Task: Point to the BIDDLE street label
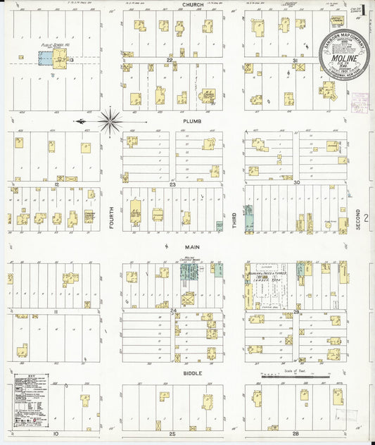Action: [193, 372]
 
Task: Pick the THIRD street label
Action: [235, 220]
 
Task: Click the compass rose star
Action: [110, 122]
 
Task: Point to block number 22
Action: [170, 61]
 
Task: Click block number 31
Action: [295, 61]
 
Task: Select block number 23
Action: [172, 184]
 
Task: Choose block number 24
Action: [172, 309]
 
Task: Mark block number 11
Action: [53, 310]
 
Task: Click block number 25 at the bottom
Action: [172, 434]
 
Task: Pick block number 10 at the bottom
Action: [54, 434]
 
